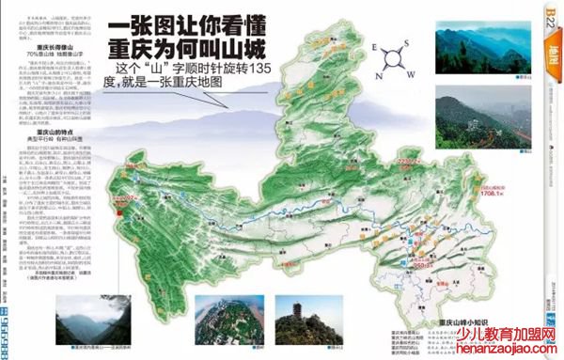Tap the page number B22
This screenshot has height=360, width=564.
click(550, 17)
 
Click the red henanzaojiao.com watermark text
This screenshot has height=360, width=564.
click(515, 350)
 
